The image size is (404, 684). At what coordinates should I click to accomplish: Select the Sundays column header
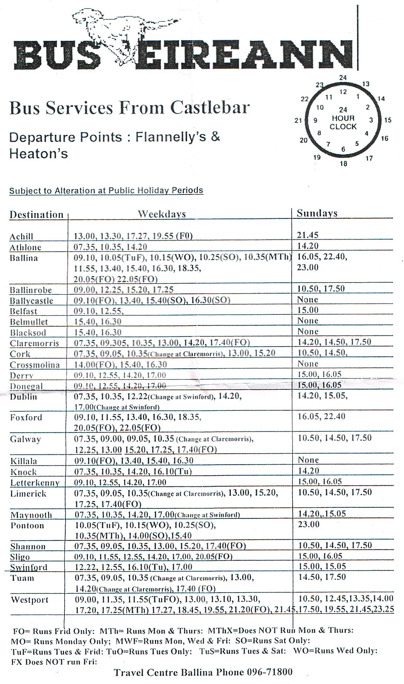point(317,214)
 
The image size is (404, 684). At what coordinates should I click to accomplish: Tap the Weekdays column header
point(162,214)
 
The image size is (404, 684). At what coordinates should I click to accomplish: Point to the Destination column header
point(36,215)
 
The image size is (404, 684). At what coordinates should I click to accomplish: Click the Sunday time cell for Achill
point(308,236)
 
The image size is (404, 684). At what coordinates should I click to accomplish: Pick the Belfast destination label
point(24,311)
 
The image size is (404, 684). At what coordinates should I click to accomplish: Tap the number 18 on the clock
point(344,164)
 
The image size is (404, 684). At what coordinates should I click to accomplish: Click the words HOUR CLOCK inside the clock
point(343,122)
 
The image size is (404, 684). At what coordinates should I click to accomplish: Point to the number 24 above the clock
point(343,78)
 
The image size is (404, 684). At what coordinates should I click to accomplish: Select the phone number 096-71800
point(269,672)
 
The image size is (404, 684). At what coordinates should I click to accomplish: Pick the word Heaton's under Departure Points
point(38,154)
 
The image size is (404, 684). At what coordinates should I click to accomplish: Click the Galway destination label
point(25,439)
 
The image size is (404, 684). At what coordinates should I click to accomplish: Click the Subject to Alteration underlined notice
point(106,191)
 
